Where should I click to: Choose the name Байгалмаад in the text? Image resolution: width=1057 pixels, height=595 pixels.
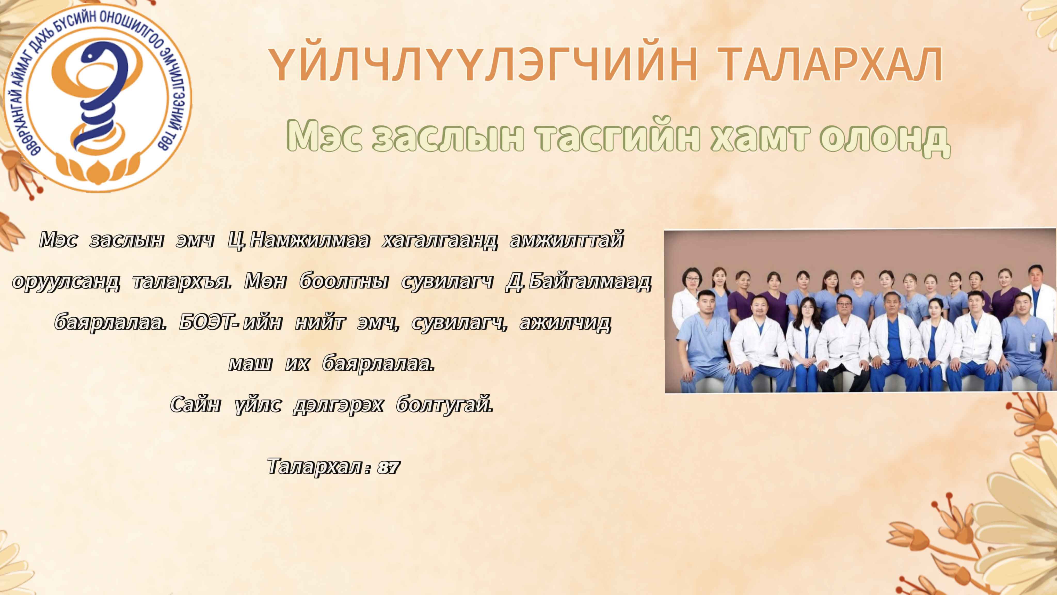(x=590, y=282)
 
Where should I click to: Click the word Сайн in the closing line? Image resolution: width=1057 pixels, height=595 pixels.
(x=195, y=405)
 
